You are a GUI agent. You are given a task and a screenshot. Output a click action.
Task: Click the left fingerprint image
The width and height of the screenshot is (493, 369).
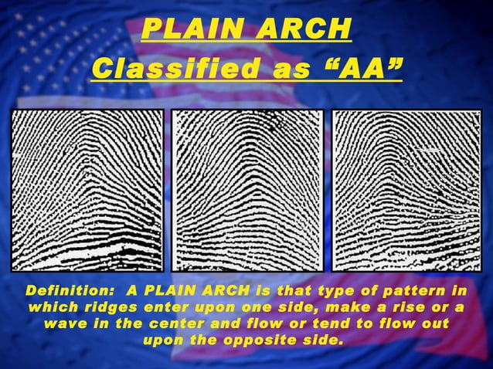87,190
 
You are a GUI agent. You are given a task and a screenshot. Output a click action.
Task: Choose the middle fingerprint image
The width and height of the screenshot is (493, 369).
247,190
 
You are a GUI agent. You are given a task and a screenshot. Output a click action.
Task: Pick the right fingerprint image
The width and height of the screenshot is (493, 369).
406,190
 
